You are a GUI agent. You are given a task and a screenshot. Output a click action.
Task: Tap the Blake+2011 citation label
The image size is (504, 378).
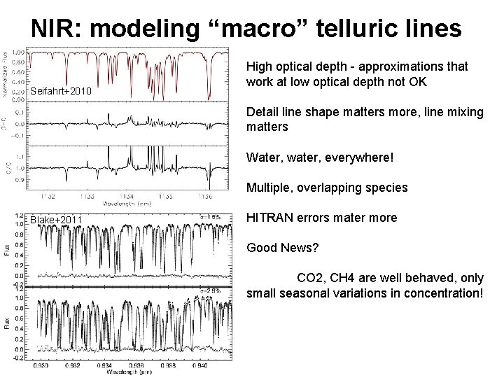[x=56, y=220]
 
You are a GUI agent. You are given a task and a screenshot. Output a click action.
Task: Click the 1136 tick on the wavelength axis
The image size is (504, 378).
[x=206, y=197]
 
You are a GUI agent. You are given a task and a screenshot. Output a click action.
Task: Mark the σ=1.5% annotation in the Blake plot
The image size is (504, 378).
[x=210, y=217]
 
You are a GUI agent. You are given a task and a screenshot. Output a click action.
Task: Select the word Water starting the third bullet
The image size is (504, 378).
[x=263, y=157]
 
